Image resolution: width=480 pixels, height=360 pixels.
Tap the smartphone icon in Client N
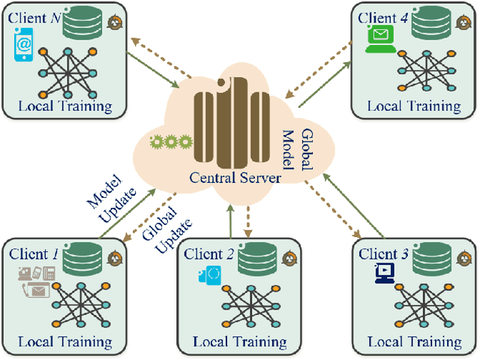[x=24, y=46]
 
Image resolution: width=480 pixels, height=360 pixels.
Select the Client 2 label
[x=209, y=254]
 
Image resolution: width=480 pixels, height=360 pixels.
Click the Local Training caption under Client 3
[x=414, y=342]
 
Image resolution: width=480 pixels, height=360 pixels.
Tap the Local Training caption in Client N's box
[x=65, y=106]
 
